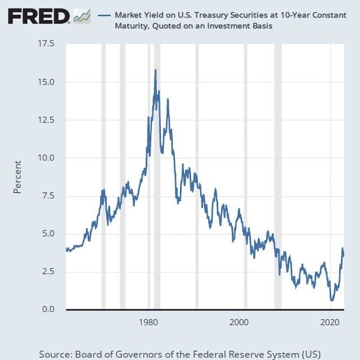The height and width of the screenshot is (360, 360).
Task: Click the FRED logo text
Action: [x=39, y=17]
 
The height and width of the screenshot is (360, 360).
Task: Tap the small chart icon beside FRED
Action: [x=81, y=16]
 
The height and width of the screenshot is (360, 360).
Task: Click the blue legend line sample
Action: [x=104, y=15]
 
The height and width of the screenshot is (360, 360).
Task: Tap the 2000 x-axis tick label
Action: [x=240, y=323]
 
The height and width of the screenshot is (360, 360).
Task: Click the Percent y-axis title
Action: [x=17, y=177]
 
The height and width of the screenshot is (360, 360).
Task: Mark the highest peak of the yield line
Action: [x=155, y=70]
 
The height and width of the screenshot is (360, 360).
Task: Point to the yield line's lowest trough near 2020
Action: [x=332, y=300]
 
